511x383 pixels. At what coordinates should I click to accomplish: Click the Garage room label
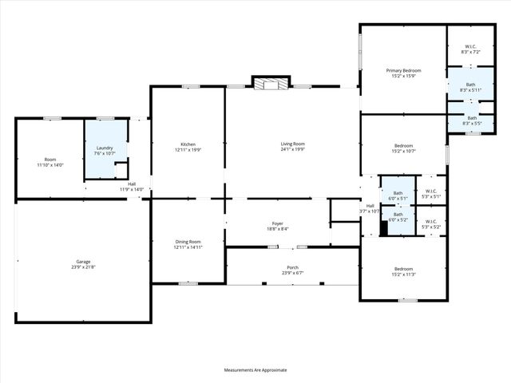tap(82, 264)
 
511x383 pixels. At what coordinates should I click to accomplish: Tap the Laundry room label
tap(105, 150)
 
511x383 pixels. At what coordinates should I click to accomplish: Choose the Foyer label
tap(277, 226)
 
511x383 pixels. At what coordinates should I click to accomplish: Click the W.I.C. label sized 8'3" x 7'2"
tap(470, 49)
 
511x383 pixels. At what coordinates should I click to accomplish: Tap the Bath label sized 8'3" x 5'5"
tap(471, 120)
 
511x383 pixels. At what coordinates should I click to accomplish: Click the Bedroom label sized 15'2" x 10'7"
tap(403, 148)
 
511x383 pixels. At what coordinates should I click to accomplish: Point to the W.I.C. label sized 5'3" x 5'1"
tap(431, 193)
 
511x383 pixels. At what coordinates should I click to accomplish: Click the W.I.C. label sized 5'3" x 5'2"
tap(431, 224)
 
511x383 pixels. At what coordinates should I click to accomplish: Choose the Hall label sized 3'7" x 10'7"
tap(370, 208)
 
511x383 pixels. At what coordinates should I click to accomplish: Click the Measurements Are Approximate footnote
tap(255, 369)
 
